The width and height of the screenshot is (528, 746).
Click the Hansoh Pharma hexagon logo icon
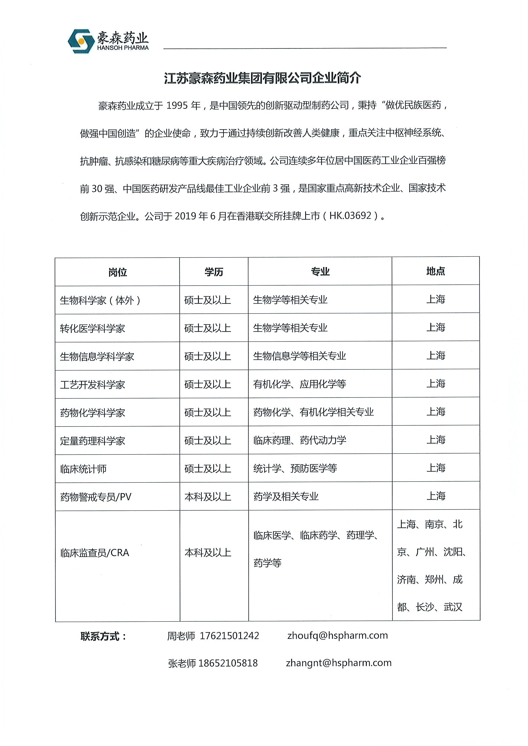coord(81,41)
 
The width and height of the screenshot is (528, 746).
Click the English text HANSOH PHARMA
coord(123,48)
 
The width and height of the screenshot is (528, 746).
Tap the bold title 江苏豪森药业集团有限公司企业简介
coord(262,78)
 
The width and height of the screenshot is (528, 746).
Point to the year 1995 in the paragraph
coord(177,106)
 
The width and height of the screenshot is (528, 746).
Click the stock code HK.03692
coord(350,216)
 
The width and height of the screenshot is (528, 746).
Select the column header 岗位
coord(117,272)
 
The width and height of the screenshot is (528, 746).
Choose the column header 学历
coord(214,272)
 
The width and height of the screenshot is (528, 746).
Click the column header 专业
coord(320,272)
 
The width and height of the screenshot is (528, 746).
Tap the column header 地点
coord(436,271)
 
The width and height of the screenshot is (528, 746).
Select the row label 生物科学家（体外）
coord(100,300)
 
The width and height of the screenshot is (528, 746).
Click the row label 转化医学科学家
coord(92,328)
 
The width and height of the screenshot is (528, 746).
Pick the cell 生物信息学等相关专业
coord(299,356)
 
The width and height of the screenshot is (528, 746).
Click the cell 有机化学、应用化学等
coord(299,384)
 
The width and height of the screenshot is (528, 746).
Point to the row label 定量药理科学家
coord(92,441)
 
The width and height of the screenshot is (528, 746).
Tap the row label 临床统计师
coord(83,469)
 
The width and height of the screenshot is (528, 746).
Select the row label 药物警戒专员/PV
coord(96,497)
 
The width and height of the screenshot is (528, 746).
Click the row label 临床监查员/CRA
coord(95,553)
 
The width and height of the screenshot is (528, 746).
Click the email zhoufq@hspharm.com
coord(337,635)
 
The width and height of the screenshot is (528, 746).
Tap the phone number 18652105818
coord(228,663)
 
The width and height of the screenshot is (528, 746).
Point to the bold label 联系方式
coord(103,637)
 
